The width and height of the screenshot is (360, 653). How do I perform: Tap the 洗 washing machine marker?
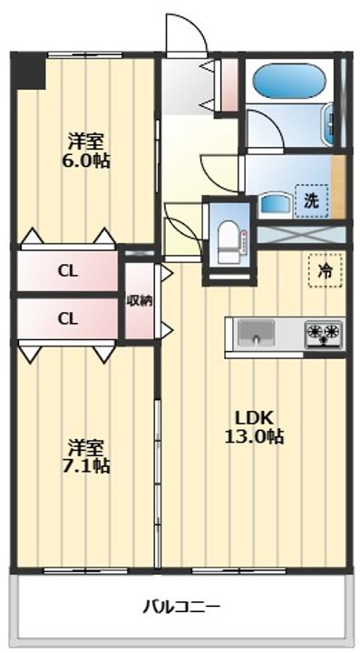click(x=310, y=200)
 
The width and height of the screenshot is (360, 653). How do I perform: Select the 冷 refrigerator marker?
click(x=324, y=269)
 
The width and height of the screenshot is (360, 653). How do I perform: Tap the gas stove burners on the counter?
click(x=323, y=334)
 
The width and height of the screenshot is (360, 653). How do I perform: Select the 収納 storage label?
click(x=139, y=301)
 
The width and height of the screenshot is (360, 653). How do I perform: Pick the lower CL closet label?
click(x=66, y=318)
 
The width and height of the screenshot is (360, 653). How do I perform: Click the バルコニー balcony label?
click(x=181, y=605)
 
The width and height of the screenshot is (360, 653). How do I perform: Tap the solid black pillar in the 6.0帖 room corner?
click(x=30, y=72)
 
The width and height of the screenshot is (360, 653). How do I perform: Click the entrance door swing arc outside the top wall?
click(x=185, y=34)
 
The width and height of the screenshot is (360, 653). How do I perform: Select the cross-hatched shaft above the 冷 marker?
click(x=301, y=234)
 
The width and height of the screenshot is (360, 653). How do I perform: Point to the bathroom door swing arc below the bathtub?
click(x=262, y=130)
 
